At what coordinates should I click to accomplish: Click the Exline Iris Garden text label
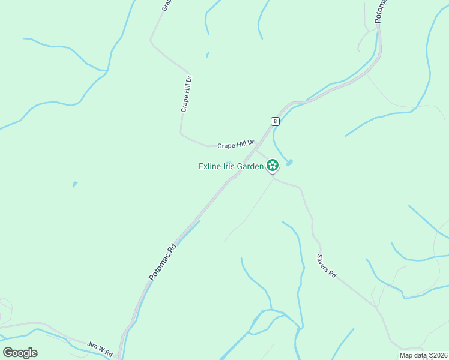231,166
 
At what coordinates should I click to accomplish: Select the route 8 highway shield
275,121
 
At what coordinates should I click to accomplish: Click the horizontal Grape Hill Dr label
236,145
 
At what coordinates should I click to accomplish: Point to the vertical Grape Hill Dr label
186,94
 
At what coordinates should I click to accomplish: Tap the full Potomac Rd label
163,262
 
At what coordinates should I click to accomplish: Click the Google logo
20,352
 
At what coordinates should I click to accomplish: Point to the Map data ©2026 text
423,355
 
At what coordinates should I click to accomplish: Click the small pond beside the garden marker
289,163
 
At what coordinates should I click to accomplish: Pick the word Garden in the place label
252,166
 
